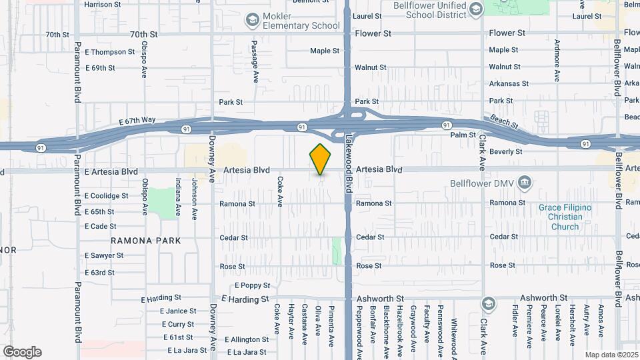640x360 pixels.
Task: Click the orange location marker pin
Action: pyautogui.click(x=321, y=159)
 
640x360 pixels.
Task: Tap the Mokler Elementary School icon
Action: pyautogui.click(x=252, y=20)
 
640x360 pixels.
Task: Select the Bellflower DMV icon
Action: pyautogui.click(x=524, y=182)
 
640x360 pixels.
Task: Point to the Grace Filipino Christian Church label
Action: pyautogui.click(x=565, y=217)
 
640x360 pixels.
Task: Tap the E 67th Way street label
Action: pyautogui.click(x=137, y=120)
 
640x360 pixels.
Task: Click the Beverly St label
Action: pyautogui.click(x=505, y=152)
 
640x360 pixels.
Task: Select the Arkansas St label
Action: pyautogui.click(x=508, y=84)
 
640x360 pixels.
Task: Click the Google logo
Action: pyautogui.click(x=22, y=352)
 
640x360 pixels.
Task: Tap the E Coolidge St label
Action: pyautogui.click(x=107, y=196)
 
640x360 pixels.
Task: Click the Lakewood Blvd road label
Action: pyautogui.click(x=349, y=163)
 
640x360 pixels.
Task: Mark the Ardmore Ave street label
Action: pyautogui.click(x=557, y=60)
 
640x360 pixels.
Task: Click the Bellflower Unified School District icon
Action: pyautogui.click(x=475, y=9)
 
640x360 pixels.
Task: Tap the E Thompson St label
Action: pyautogui.click(x=109, y=52)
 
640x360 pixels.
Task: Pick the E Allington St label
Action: pyautogui.click(x=245, y=339)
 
